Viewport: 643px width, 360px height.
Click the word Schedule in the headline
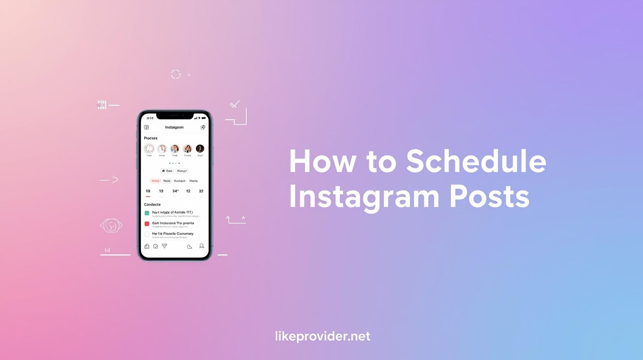coord(476,162)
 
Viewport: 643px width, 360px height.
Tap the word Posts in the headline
coord(489,196)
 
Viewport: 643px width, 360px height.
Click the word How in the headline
coord(322,162)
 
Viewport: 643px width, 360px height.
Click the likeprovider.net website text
coord(322,336)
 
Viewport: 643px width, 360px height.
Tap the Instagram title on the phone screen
coord(174,127)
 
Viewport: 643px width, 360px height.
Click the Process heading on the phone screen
coord(151,138)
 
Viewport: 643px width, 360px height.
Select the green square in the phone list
coord(147,213)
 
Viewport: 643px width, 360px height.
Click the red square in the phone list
coord(147,224)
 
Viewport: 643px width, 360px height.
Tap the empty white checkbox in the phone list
coord(147,234)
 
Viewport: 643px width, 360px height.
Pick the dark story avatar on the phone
coord(200,149)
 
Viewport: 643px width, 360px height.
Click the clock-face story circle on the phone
coord(149,149)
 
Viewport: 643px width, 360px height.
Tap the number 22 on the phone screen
coord(201,191)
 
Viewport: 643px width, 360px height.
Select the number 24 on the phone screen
coord(175,191)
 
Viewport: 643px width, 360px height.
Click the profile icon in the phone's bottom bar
coord(202,246)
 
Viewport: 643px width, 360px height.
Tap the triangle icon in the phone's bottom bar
coord(164,246)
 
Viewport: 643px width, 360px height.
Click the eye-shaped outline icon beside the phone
coord(111,225)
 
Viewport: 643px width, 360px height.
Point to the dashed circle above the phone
coord(176,74)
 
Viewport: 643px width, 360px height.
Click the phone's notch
coord(175,116)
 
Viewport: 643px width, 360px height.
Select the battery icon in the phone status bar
coord(204,118)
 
